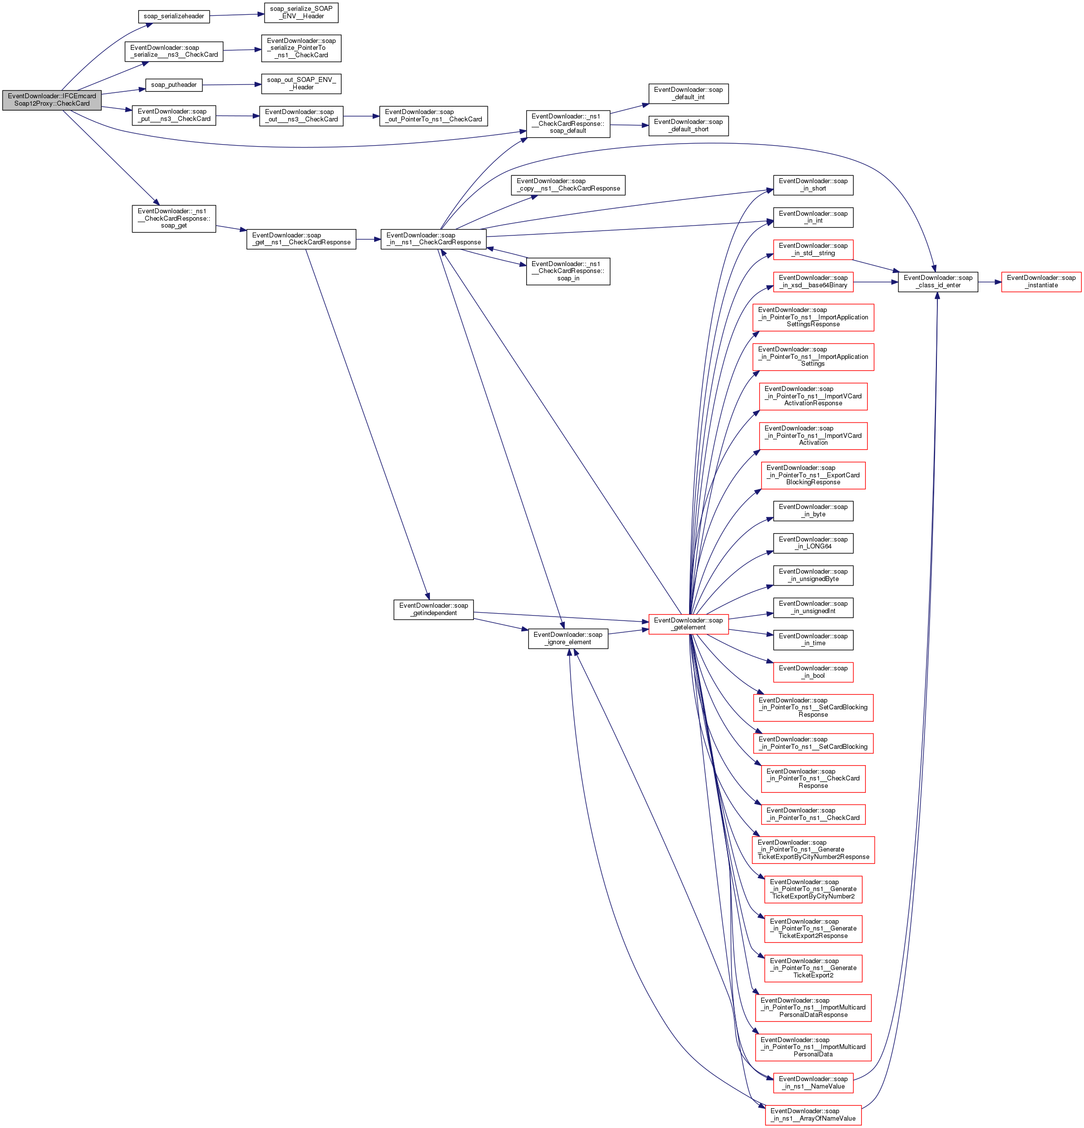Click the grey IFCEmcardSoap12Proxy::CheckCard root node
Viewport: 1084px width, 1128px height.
[52, 100]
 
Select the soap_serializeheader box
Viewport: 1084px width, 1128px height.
[174, 16]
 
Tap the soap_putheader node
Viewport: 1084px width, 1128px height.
[174, 85]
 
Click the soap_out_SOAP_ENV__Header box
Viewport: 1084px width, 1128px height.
[301, 83]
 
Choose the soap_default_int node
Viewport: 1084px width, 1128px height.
[688, 94]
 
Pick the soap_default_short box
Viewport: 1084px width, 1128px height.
[688, 125]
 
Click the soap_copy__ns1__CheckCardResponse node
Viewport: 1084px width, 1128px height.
[568, 185]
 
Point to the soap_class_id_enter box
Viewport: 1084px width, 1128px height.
[937, 281]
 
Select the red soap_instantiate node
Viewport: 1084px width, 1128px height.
[1041, 281]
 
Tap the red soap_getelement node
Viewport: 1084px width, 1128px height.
[688, 624]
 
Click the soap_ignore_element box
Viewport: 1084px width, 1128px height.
[568, 638]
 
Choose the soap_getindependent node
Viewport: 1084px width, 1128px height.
[433, 610]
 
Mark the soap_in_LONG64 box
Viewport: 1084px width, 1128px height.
[813, 543]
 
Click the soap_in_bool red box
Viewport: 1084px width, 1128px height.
[813, 672]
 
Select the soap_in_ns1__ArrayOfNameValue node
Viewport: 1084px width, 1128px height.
[813, 1115]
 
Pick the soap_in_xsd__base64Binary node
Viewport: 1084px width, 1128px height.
[813, 281]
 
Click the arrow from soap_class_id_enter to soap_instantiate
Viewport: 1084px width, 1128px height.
[989, 282]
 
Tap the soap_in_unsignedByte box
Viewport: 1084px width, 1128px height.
[813, 575]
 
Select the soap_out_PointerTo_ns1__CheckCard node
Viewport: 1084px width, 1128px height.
[433, 116]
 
